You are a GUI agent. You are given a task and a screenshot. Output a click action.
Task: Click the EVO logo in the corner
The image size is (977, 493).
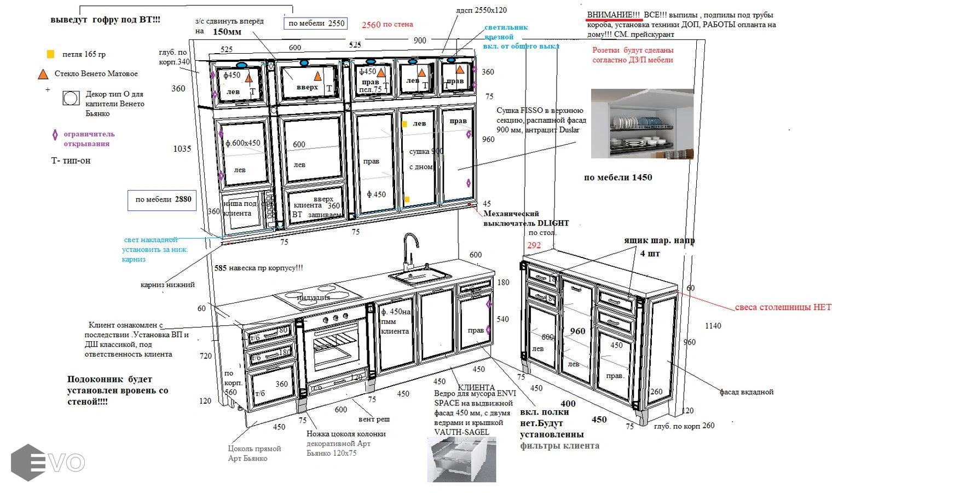tap(48, 462)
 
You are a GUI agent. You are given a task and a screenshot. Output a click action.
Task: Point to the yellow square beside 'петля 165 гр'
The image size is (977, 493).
tap(50, 54)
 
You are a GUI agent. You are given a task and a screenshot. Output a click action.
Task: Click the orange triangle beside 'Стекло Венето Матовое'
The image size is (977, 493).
tap(43, 74)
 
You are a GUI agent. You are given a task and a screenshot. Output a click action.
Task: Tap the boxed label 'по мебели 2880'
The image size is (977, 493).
tap(163, 200)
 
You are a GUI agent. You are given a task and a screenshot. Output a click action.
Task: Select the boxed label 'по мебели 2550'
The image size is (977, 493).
tap(316, 23)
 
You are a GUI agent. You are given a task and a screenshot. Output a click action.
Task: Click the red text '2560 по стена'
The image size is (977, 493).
tap(387, 25)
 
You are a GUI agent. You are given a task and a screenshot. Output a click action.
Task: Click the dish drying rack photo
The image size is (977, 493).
tap(642, 124)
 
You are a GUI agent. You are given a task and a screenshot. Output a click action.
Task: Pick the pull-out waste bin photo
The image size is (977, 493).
tap(461, 459)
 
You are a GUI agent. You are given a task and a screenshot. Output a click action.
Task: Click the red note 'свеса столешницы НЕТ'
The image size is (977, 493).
tap(783, 307)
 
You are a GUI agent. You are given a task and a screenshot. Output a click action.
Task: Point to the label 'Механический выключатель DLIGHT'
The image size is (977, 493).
tap(525, 218)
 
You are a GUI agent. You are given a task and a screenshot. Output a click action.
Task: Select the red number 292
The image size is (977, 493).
tap(534, 245)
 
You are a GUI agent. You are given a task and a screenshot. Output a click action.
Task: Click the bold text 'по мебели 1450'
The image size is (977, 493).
tap(618, 177)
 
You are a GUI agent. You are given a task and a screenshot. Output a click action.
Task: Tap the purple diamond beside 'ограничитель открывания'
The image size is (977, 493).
tap(55, 135)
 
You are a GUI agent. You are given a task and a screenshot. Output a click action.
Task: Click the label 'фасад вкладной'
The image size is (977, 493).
tap(746, 392)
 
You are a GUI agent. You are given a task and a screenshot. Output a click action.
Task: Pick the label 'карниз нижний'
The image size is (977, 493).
tap(167, 284)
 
